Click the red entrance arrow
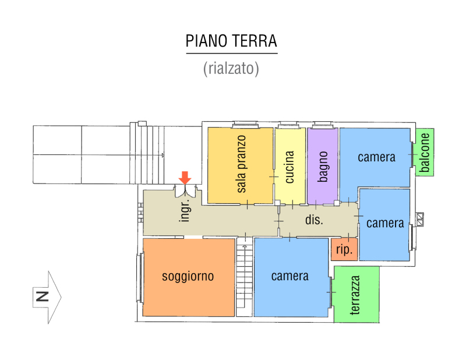[x=185, y=178]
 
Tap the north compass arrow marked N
[x=47, y=297]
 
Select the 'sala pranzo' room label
[x=241, y=164]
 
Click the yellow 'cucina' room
[x=290, y=166]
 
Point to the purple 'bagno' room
[x=323, y=166]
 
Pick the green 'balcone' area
[x=425, y=152]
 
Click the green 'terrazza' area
[x=356, y=294]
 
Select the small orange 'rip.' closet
[x=344, y=249]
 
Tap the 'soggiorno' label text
[x=188, y=277]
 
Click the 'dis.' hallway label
[x=314, y=220]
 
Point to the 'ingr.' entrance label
[x=185, y=210]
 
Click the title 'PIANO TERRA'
[x=231, y=41]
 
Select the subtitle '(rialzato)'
[x=231, y=68]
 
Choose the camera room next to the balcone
[x=375, y=157]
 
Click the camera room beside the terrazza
[x=291, y=277]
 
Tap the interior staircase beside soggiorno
[x=244, y=277]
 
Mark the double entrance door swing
[x=185, y=191]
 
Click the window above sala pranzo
[x=245, y=124]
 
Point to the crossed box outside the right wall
[x=420, y=220]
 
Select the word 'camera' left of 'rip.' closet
[x=290, y=276]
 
